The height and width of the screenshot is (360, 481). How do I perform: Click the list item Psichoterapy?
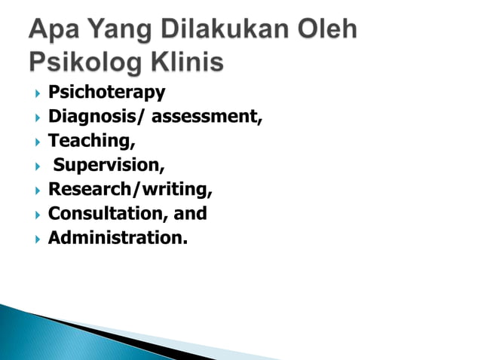tap(106, 93)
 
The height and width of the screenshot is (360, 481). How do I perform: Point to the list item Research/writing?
tap(130, 189)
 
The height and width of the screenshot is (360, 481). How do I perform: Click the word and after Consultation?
tap(190, 213)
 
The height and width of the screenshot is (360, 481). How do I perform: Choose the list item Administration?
tap(118, 237)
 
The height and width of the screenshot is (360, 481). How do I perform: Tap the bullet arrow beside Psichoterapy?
tap(35, 93)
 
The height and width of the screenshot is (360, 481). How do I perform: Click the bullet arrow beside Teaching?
tap(35, 142)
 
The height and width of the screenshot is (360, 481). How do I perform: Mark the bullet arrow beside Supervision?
tap(35, 166)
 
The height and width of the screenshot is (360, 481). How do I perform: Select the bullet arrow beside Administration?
tap(35, 238)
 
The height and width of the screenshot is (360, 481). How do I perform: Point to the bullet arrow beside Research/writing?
tap(35, 190)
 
